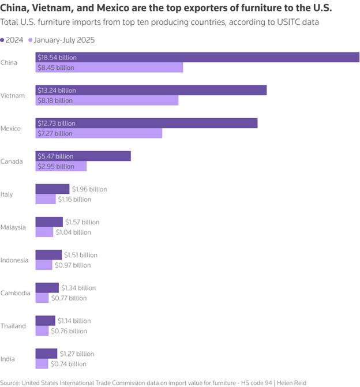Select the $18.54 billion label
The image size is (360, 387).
[x=57, y=58]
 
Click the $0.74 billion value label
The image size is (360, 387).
[x=69, y=364]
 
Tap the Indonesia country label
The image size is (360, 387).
[x=14, y=260]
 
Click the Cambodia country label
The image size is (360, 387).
[x=15, y=293]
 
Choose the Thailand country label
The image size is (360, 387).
[x=13, y=326]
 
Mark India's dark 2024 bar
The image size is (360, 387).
[x=47, y=354]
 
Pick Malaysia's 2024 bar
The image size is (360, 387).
[x=49, y=222]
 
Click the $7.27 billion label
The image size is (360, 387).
[x=55, y=133]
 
